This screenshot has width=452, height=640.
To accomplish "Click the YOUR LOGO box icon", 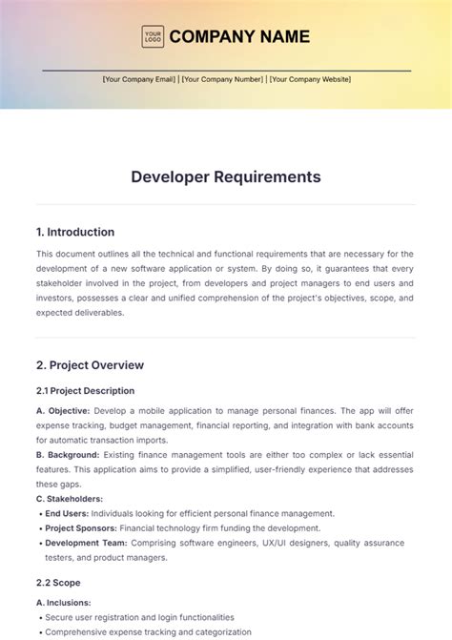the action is (153, 37).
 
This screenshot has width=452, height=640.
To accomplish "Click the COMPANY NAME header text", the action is (239, 37).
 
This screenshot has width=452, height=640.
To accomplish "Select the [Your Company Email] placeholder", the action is (139, 79).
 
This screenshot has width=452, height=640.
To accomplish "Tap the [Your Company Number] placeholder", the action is (222, 79).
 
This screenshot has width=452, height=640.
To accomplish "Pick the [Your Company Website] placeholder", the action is (310, 79).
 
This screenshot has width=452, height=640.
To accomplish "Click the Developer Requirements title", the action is (226, 176).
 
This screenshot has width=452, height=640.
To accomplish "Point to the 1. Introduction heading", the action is (75, 232).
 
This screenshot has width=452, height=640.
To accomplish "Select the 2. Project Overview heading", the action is (90, 364).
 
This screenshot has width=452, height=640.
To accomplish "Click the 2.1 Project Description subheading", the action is (85, 390).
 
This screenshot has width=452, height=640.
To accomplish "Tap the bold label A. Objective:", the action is (63, 410).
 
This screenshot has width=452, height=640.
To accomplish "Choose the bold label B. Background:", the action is (68, 455).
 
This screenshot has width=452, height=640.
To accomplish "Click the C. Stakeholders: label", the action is (70, 499).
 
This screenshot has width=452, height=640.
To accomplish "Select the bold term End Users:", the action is (67, 513).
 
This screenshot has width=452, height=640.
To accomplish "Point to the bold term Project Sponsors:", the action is (81, 528).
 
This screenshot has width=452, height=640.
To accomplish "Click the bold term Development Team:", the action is (86, 543).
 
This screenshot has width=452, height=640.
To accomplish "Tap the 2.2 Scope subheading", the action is (58, 583).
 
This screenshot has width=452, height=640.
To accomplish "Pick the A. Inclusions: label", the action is (64, 603).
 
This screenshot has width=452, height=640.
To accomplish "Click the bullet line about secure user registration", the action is (139, 617).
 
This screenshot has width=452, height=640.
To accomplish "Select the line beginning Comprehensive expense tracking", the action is (148, 631).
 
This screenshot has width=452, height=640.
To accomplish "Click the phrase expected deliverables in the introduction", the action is (80, 312).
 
